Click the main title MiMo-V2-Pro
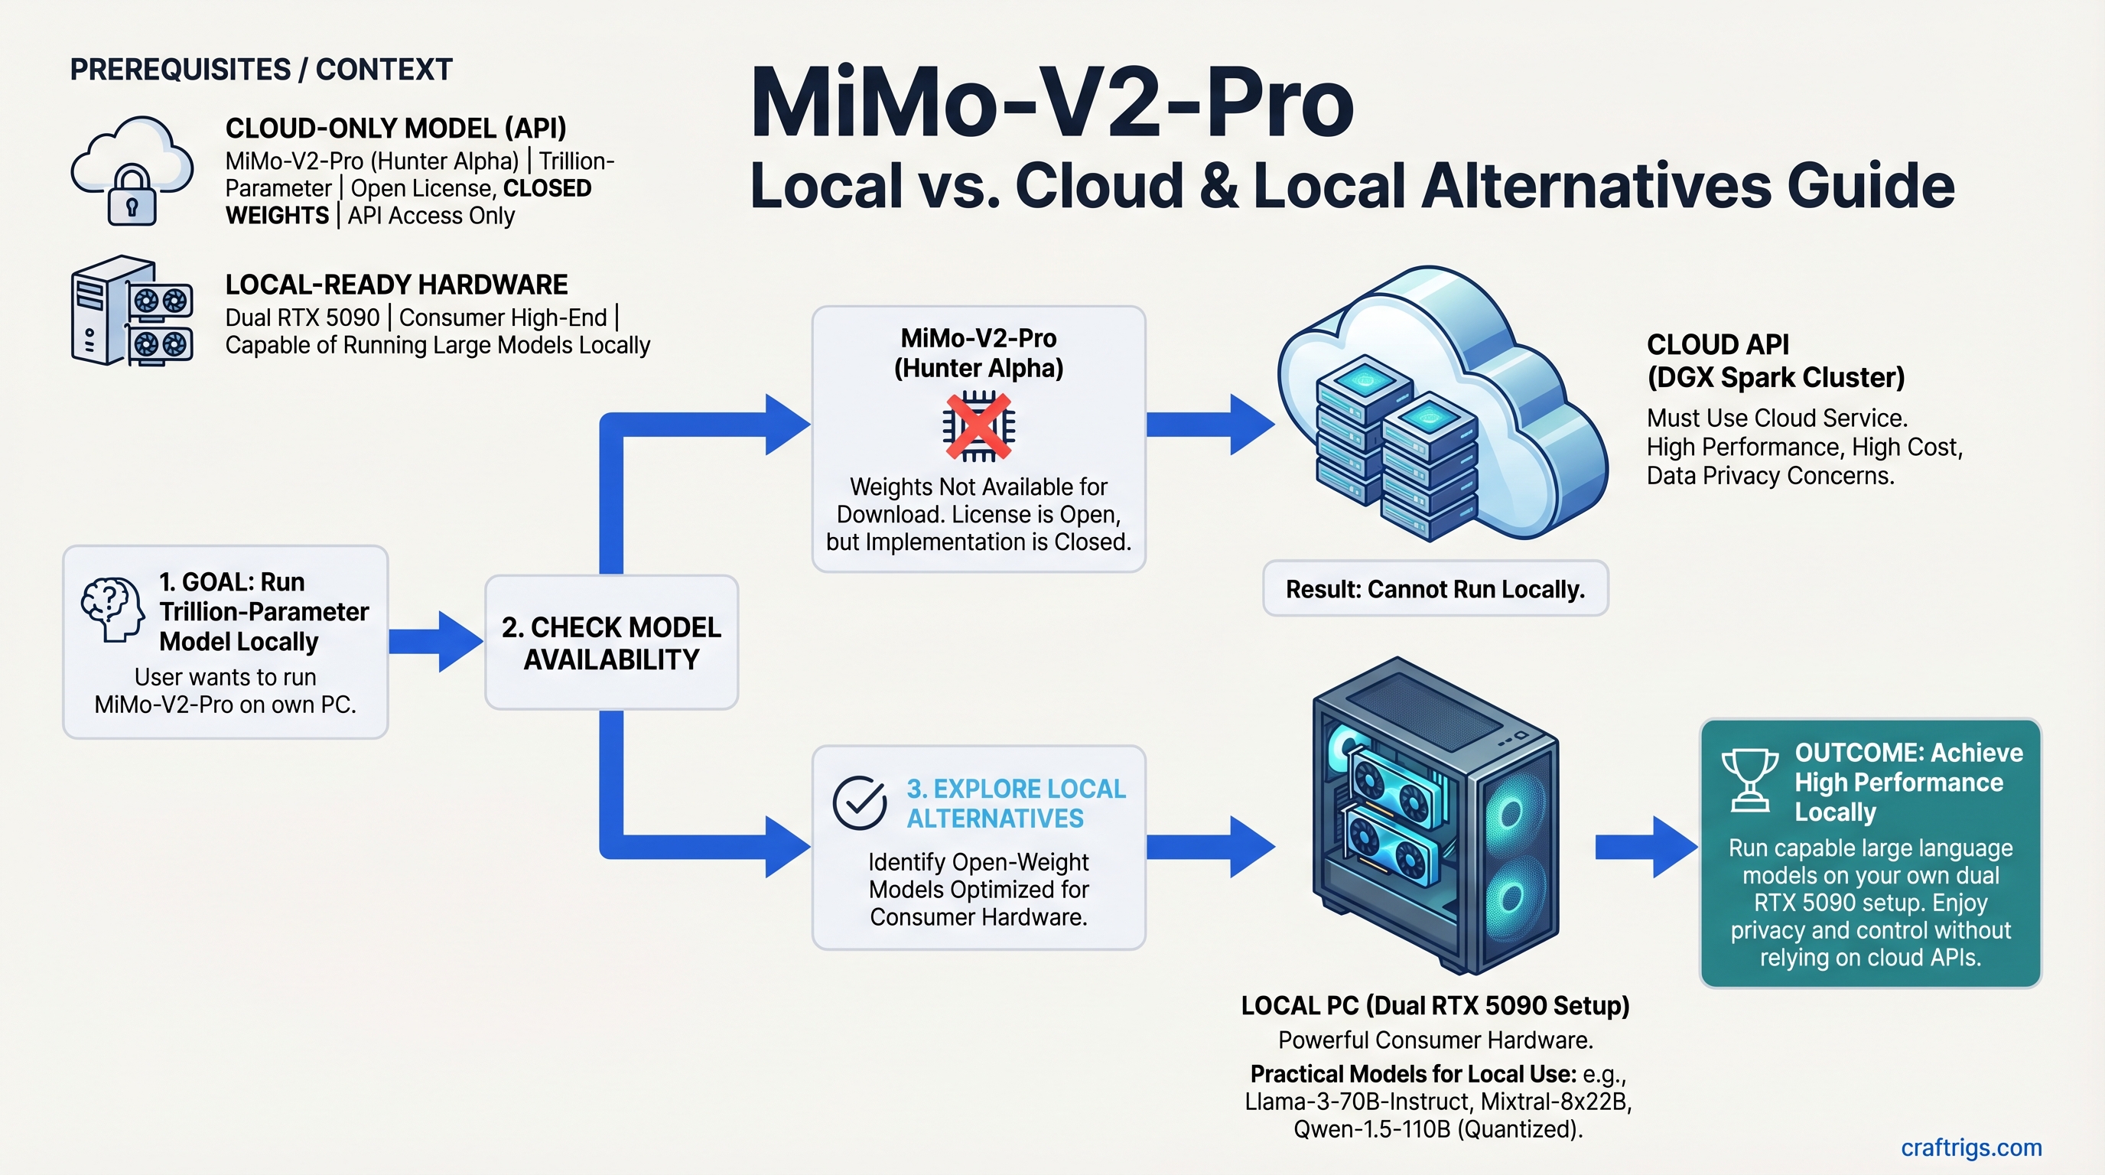click(1051, 105)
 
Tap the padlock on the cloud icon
click(132, 195)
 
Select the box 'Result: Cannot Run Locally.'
click(1435, 588)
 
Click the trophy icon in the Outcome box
click(1749, 780)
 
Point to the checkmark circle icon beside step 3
click(860, 802)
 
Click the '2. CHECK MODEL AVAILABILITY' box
click(611, 643)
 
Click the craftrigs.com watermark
click(1970, 1147)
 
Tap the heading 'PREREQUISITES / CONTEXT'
click(261, 70)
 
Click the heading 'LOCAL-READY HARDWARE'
click(396, 285)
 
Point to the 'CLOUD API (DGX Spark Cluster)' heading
click(1775, 360)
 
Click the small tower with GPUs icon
click(132, 311)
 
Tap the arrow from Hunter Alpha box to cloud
click(1209, 424)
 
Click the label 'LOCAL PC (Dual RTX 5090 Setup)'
click(1435, 1005)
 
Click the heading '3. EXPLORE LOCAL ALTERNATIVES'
click(1016, 803)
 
